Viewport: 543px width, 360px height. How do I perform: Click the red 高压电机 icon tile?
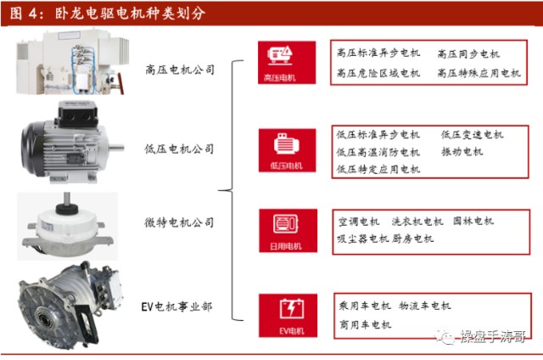pos(287,62)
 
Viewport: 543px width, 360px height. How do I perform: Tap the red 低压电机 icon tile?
pos(287,150)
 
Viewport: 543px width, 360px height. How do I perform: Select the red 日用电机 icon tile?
pos(288,230)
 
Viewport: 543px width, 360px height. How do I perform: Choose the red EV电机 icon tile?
pos(288,315)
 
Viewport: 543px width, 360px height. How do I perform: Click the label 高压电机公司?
pos(180,70)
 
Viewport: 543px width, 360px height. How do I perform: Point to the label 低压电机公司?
pos(179,149)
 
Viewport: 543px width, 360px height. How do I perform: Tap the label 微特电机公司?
pos(179,222)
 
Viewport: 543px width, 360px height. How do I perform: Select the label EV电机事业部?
pos(176,307)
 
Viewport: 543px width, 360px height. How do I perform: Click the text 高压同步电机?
pos(468,54)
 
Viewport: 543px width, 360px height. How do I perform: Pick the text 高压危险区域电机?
pos(378,73)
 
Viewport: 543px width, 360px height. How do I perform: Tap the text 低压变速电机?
pos(472,134)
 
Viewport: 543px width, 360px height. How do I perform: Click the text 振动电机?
pos(462,151)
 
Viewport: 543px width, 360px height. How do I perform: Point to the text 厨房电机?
pos(413,239)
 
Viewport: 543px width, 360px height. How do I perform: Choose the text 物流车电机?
pos(424,306)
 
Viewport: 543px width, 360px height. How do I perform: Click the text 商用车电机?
pos(365,324)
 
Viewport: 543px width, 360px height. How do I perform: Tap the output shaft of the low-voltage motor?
pos(116,148)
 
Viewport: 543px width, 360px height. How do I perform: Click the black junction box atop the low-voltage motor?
pos(77,114)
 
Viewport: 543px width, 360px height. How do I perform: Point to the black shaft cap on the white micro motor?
pos(67,209)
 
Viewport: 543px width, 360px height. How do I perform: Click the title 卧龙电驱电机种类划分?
pos(130,14)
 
